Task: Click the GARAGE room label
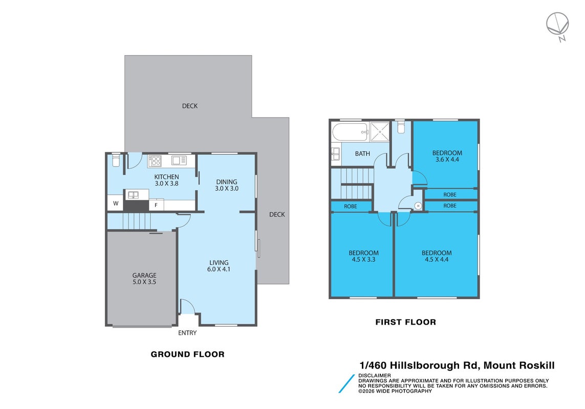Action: (x=144, y=276)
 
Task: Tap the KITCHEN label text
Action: (x=166, y=177)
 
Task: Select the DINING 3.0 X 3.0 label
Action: (x=226, y=185)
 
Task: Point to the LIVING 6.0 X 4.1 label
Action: (x=219, y=266)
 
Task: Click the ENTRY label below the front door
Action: (x=187, y=333)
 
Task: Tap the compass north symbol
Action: (x=558, y=26)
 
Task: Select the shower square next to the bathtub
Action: (x=380, y=131)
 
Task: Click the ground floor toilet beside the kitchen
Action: (x=116, y=161)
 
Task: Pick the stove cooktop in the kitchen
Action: (x=155, y=161)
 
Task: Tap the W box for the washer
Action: (x=116, y=203)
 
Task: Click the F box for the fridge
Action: (x=156, y=205)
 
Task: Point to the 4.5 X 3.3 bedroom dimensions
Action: (x=363, y=260)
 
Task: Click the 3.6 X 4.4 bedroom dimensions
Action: (x=447, y=160)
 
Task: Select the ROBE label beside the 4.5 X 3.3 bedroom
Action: (x=350, y=206)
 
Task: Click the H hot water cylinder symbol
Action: (x=418, y=206)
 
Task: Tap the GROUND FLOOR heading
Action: (x=187, y=354)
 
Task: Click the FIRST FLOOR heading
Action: (x=405, y=322)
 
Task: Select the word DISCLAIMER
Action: (x=375, y=375)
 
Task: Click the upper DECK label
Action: (x=189, y=106)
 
